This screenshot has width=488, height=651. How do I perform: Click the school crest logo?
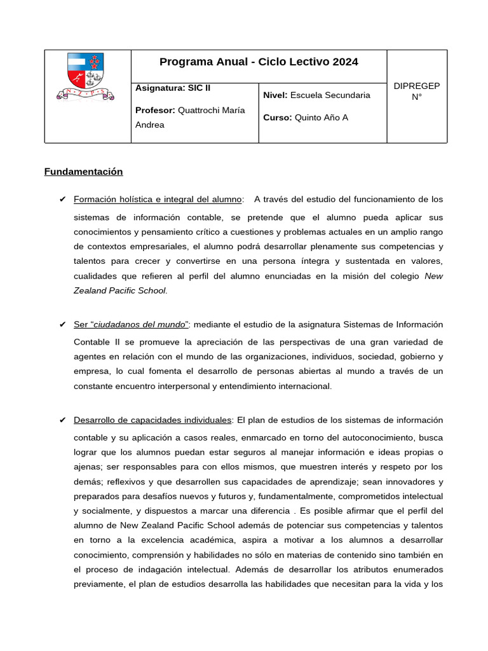tap(87, 78)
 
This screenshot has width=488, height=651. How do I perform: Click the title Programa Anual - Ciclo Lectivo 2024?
tap(259, 62)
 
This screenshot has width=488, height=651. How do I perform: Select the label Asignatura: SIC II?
tap(168, 88)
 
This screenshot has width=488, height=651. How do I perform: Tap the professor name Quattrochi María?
tap(210, 110)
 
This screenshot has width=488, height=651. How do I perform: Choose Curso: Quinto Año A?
tap(305, 118)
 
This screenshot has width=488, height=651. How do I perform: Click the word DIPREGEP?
tap(417, 86)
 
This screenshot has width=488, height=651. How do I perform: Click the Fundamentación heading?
tap(83, 172)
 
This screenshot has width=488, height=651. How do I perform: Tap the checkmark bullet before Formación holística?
tap(62, 200)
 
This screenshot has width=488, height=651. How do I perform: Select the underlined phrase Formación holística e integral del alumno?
tap(158, 200)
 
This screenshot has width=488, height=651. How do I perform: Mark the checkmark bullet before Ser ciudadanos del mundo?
tap(62, 325)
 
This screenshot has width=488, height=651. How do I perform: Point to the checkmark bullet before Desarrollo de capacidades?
tap(62, 420)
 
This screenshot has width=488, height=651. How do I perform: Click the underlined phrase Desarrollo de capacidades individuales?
tap(152, 420)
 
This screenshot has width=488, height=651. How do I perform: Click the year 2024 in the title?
tap(345, 62)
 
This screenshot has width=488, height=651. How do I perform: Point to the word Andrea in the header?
tap(150, 125)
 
